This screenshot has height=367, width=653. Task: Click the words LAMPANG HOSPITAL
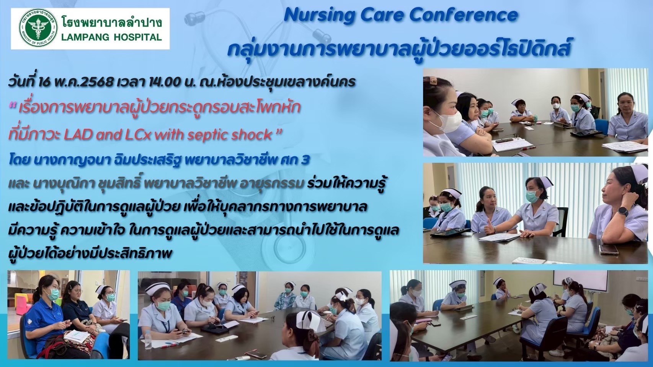pos(111,37)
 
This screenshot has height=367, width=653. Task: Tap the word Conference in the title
pos(463,15)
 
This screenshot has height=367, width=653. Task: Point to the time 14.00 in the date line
pos(160,82)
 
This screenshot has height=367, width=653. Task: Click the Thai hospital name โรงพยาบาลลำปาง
pos(111,22)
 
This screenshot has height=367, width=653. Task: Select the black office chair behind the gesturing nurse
pos(561,220)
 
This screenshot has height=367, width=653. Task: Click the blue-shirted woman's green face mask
pos(53,294)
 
